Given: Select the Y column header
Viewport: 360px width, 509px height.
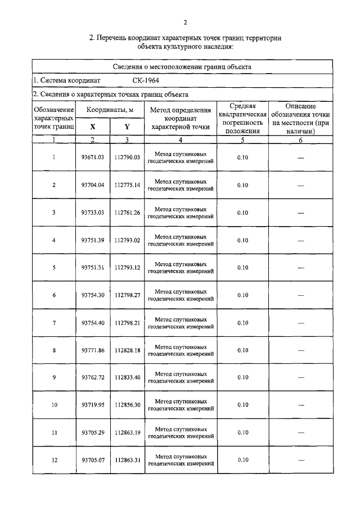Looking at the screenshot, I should click(x=127, y=127).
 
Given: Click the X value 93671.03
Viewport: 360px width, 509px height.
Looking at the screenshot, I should click(x=93, y=157).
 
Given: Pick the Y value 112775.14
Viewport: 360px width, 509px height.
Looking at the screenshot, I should click(x=127, y=185).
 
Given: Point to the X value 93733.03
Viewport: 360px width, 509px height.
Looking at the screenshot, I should click(x=93, y=213).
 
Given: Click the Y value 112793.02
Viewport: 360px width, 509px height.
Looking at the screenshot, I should click(x=127, y=240).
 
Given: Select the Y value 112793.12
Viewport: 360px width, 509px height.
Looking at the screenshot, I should click(x=127, y=268).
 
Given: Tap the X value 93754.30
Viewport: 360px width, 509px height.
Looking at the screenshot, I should click(x=93, y=295).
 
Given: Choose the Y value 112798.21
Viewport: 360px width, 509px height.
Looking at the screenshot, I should click(x=127, y=323).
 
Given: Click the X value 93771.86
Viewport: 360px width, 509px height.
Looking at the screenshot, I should click(x=93, y=350).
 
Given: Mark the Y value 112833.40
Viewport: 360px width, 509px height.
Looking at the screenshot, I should click(x=127, y=377).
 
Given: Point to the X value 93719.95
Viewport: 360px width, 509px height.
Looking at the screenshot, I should click(x=93, y=405).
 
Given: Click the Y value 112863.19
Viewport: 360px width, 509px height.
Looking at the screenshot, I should click(x=127, y=433).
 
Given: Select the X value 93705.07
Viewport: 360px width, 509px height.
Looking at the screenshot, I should click(x=93, y=460).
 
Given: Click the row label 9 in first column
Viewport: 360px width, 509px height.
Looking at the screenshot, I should click(x=54, y=377).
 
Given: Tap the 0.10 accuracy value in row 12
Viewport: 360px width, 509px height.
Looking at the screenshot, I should click(x=242, y=460).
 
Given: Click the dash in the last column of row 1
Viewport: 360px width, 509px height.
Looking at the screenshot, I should click(x=300, y=158).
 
